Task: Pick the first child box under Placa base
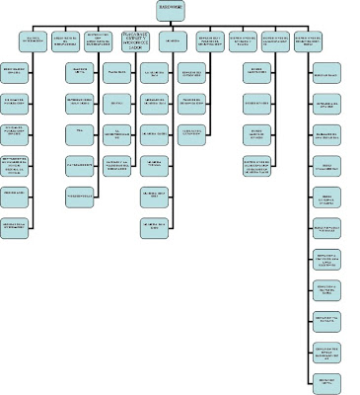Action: coord(117,73)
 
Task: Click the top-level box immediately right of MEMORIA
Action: coord(209,42)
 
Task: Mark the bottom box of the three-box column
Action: coord(200,131)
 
